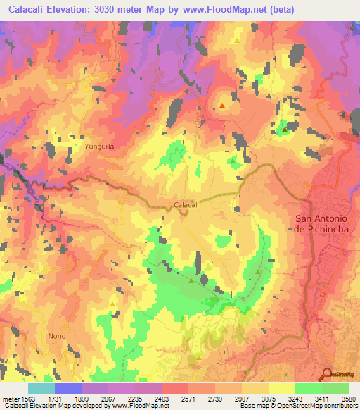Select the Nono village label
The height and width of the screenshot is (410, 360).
coord(57,335)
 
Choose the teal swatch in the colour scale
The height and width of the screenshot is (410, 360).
coord(41,388)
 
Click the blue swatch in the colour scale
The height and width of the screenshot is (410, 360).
coord(68,388)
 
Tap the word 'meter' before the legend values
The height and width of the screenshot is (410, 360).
coord(8,398)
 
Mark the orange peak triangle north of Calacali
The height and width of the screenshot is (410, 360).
coord(222,106)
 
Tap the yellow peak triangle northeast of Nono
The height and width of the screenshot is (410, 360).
coord(112,304)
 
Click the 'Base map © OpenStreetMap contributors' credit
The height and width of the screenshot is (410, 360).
coord(297,406)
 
